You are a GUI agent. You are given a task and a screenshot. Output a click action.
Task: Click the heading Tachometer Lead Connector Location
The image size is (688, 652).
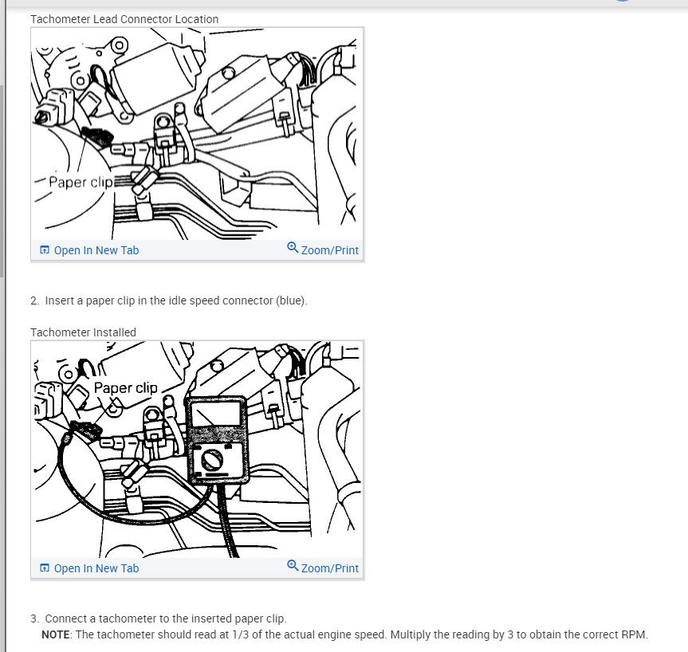124,19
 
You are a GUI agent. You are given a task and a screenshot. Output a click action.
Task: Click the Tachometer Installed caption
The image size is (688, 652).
83,332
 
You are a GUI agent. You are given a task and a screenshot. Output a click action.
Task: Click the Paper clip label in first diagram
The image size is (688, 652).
81,182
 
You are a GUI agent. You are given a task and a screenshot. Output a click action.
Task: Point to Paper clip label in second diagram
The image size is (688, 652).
125,388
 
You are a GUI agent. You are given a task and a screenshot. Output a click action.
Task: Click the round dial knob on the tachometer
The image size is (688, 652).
211,460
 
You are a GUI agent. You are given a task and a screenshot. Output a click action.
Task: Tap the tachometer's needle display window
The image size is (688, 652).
216,414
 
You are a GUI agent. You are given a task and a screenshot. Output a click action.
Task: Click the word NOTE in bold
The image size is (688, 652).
56,634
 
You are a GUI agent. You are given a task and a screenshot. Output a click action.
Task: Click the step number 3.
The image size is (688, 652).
34,619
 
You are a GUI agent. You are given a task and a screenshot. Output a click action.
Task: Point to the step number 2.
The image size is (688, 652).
34,300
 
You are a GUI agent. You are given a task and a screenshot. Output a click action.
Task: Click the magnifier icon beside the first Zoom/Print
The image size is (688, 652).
293,248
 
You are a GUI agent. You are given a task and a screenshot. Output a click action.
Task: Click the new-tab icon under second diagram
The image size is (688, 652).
45,568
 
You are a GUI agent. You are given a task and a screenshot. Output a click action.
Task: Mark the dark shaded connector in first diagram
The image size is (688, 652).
98,136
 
